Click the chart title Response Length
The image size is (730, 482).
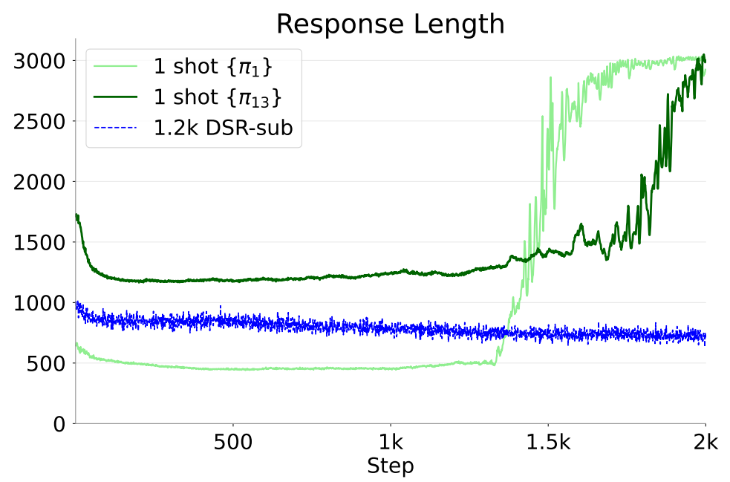tap(390, 24)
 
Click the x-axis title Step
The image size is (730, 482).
tap(390, 466)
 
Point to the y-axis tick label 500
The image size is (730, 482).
tap(49, 364)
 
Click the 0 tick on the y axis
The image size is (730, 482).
tap(60, 424)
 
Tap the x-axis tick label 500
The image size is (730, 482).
tap(232, 443)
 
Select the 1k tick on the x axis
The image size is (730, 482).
tap(390, 443)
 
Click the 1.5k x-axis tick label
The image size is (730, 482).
tap(548, 443)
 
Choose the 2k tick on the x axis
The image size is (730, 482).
tap(705, 443)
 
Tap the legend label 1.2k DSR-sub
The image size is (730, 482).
tap(223, 128)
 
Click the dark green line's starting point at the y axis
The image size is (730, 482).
tap(76, 215)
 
